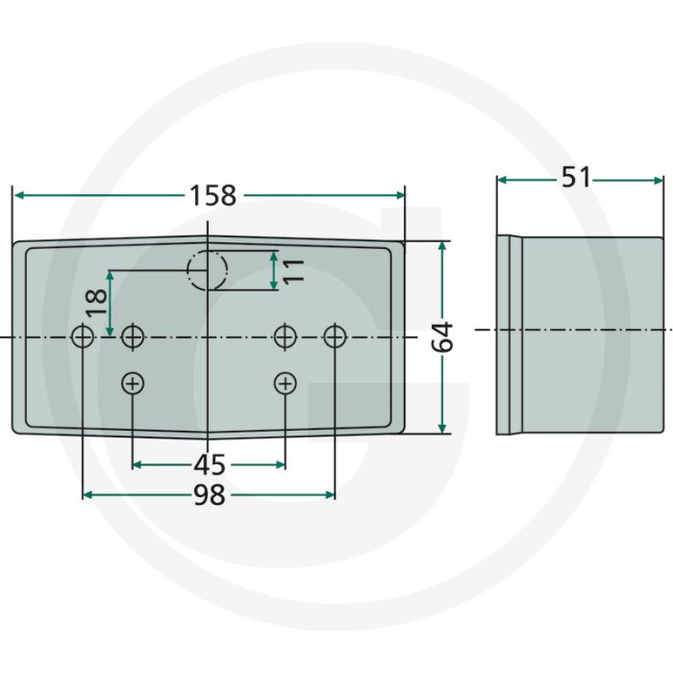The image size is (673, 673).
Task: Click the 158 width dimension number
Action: [212, 195]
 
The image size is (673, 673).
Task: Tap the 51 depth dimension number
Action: [576, 177]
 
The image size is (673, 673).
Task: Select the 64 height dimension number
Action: [442, 336]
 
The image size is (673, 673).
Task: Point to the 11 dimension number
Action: [293, 271]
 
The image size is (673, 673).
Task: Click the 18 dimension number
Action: [96, 303]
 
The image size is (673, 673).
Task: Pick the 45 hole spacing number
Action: [209, 464]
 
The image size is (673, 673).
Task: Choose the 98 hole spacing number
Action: [209, 495]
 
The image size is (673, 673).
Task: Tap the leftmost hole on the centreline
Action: [83, 336]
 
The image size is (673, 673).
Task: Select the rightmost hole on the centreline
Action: [335, 336]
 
